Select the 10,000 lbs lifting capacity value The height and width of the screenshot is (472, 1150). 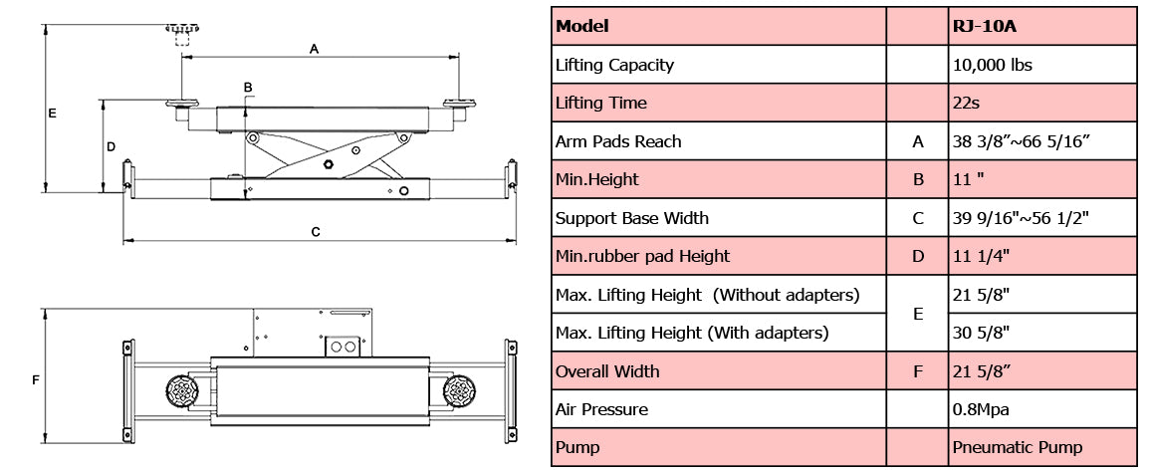pos(992,65)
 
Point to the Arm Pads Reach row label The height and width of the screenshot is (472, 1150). pos(618,141)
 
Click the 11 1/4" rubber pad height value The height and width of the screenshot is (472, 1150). pos(981,256)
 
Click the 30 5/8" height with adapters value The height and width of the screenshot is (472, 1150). pos(981,333)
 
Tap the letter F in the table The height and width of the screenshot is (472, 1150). pos(918,371)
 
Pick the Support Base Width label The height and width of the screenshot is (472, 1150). pos(631,218)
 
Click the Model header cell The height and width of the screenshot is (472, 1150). pos(582,27)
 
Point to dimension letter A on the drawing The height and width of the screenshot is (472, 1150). pos(315,48)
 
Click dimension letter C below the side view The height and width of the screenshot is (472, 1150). pos(316,232)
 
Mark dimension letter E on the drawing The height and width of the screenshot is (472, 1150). pos(52,114)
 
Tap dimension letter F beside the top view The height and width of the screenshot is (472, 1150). pos(36,380)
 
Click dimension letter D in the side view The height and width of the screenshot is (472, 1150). pos(112,146)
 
